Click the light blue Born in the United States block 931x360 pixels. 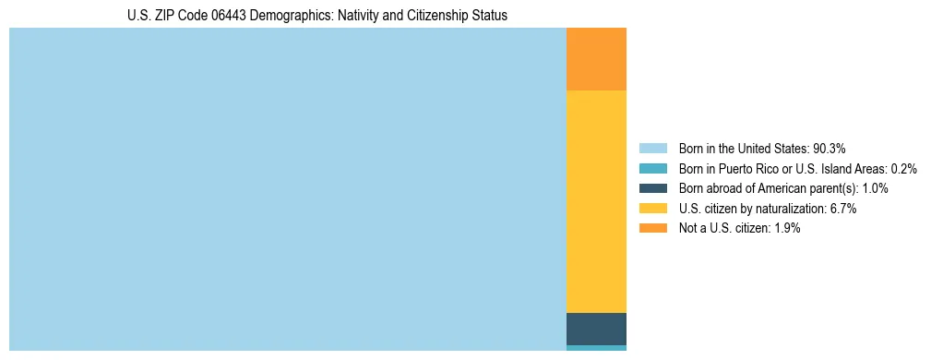tap(287, 189)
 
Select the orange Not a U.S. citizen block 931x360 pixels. tap(596, 59)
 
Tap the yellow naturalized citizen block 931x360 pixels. tap(596, 201)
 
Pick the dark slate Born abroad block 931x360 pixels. tap(596, 329)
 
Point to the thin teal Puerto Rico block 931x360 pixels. tap(596, 348)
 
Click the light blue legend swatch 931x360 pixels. tap(652, 148)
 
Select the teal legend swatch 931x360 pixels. tap(652, 168)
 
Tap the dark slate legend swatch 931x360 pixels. tap(652, 188)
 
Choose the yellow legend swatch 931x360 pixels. tap(652, 209)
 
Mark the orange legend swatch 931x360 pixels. tap(652, 228)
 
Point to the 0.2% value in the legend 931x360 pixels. tap(903, 168)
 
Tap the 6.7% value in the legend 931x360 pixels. tap(841, 209)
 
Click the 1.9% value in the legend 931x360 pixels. tap(785, 228)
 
